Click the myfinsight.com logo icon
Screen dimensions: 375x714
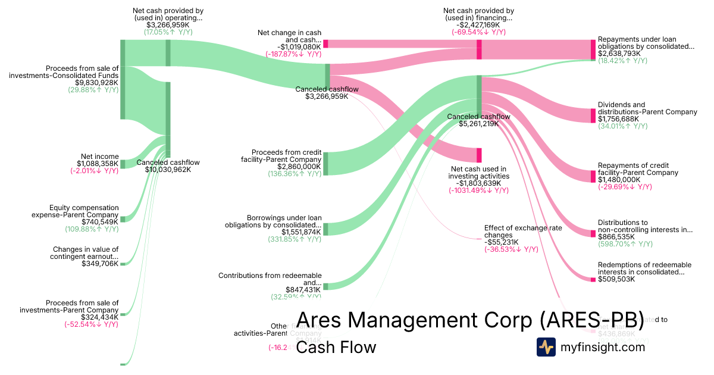[546, 347]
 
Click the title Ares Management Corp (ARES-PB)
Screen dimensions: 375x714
[470, 320]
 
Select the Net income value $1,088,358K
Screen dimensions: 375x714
[98, 164]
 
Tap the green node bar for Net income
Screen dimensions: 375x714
[123, 164]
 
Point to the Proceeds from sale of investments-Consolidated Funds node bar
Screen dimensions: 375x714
[123, 79]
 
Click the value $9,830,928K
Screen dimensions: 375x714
[97, 83]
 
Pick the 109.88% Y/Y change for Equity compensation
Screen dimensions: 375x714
[92, 229]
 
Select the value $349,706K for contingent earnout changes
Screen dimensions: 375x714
[100, 263]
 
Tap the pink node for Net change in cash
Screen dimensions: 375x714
[325, 43]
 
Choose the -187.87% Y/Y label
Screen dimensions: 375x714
[293, 54]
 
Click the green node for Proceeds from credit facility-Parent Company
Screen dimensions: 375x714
[325, 164]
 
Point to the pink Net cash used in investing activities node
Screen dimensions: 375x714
[479, 155]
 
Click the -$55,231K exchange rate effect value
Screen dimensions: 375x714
[502, 242]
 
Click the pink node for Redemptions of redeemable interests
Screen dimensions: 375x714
[593, 279]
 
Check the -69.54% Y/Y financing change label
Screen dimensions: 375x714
[478, 32]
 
